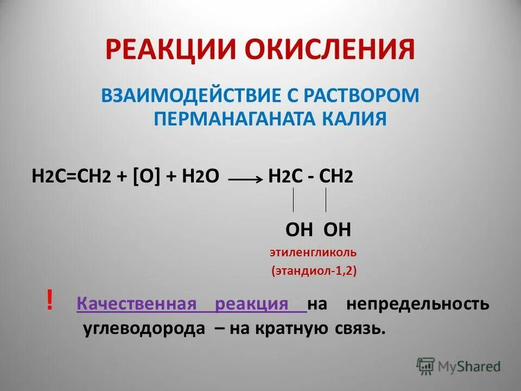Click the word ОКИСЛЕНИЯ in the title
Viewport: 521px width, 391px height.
329,49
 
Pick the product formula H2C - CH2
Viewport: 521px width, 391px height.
311,178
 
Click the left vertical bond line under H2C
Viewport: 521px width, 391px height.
294,199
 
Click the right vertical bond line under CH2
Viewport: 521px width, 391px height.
326,199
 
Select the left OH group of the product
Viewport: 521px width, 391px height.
299,230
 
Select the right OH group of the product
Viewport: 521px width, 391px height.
337,230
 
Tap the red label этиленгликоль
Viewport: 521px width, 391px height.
313,253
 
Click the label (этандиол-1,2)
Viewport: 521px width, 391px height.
314,271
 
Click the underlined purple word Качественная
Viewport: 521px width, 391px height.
136,304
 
